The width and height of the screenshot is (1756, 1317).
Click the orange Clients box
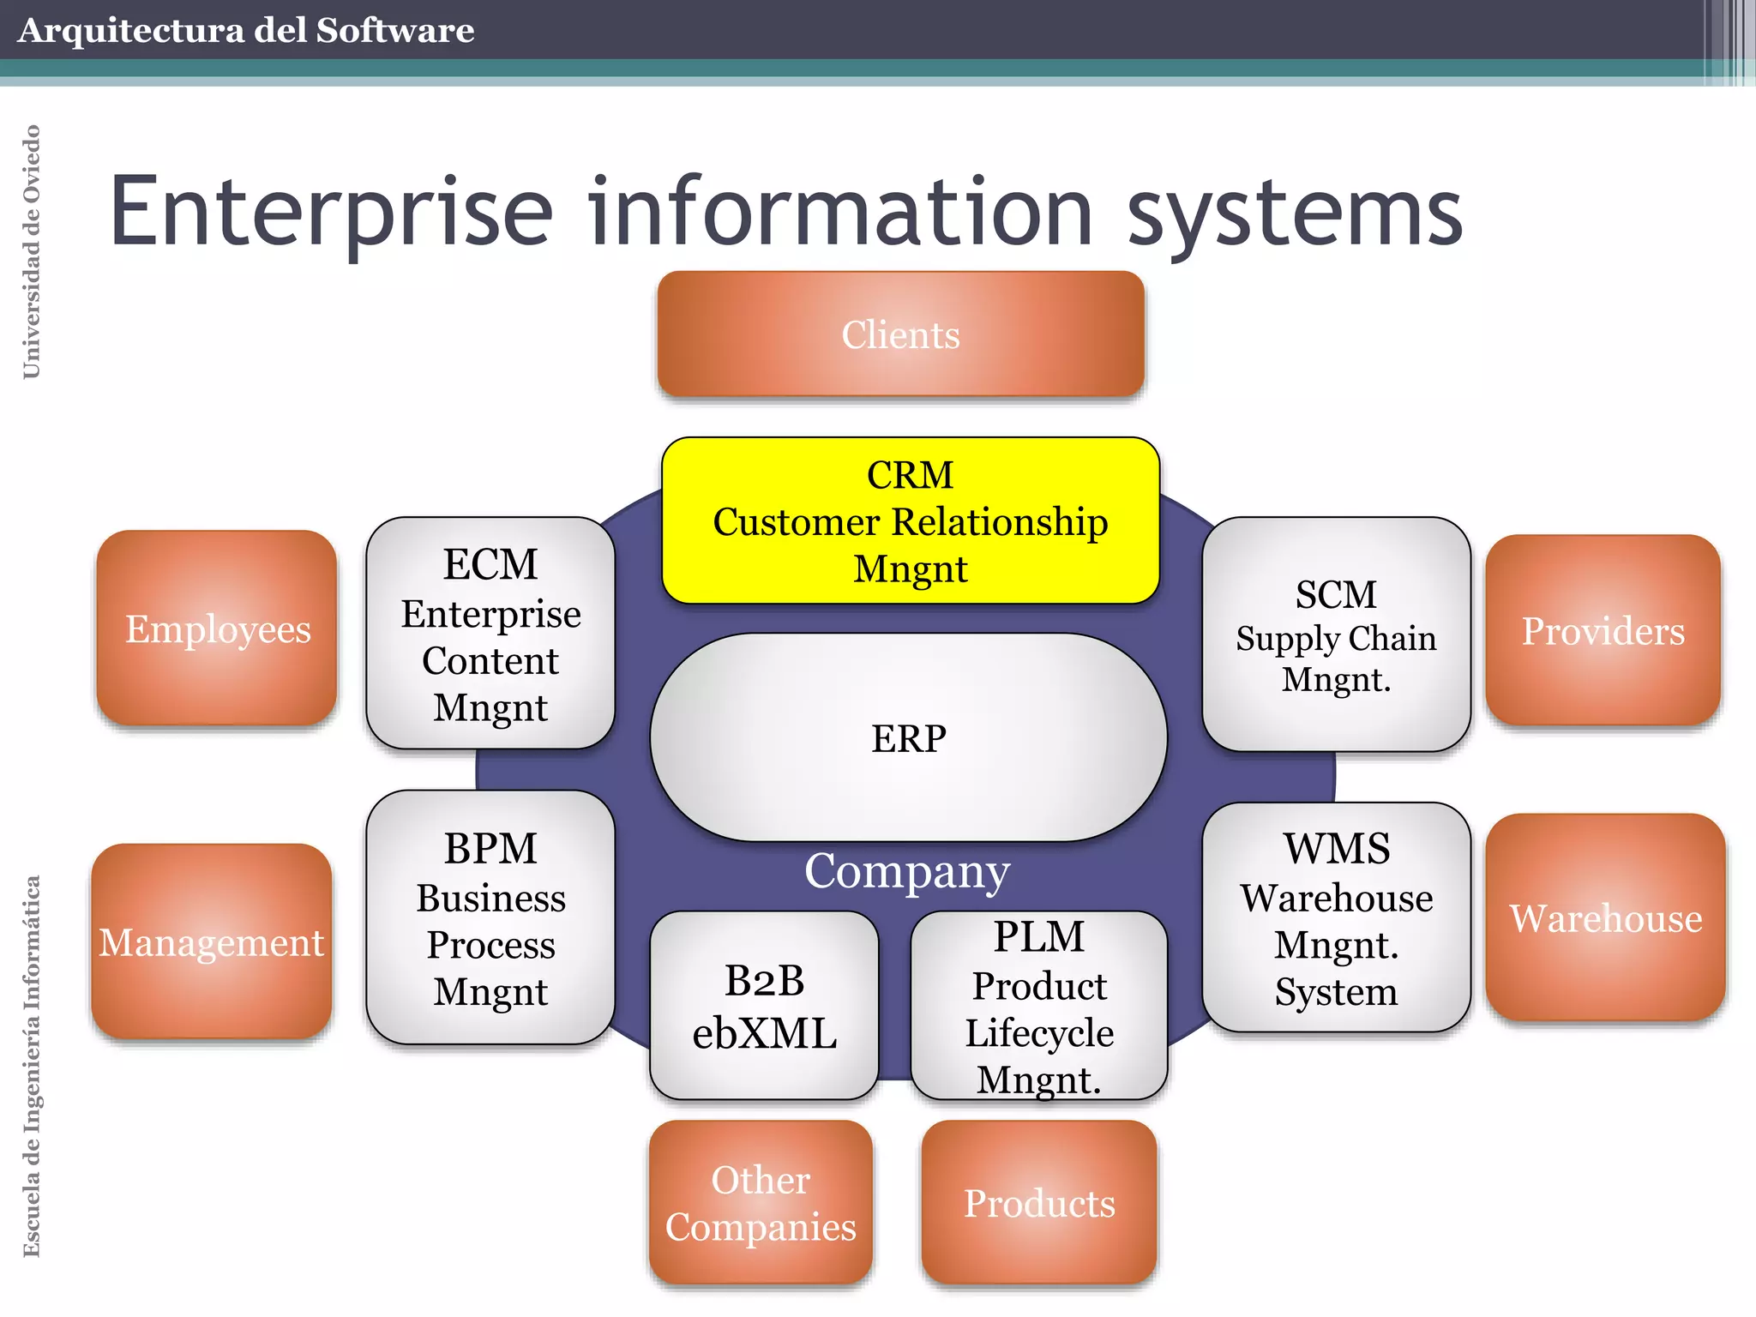(x=900, y=334)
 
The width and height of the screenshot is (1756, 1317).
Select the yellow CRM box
(x=910, y=520)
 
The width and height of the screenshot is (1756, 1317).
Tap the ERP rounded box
(x=908, y=737)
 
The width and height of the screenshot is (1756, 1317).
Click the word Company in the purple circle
(x=907, y=871)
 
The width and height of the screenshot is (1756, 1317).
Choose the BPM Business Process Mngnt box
(x=490, y=917)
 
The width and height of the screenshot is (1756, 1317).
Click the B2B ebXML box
(x=764, y=1006)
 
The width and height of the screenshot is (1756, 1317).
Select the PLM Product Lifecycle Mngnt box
(x=1038, y=1006)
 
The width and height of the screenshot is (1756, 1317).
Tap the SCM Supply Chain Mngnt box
(x=1336, y=634)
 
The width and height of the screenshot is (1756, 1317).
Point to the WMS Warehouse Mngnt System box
(x=1336, y=917)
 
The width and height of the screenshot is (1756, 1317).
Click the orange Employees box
(x=217, y=628)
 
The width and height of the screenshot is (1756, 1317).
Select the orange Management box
(x=211, y=941)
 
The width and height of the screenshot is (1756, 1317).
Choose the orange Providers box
(x=1603, y=630)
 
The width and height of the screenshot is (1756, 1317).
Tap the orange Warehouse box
(x=1605, y=917)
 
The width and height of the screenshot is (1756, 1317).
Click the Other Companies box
(x=761, y=1202)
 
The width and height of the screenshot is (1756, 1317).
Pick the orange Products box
(x=1038, y=1202)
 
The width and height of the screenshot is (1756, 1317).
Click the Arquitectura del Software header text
(x=245, y=30)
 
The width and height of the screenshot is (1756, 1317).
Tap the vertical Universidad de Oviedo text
(x=31, y=251)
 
